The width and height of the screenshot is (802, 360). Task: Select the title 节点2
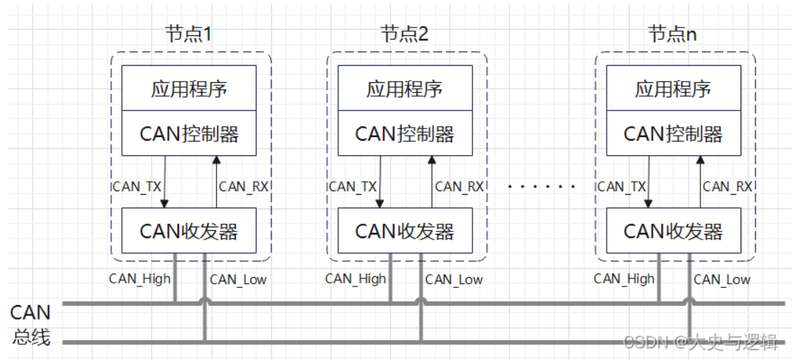[404, 34]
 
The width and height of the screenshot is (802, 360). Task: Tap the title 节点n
[672, 34]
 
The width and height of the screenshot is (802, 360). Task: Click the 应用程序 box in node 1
[189, 89]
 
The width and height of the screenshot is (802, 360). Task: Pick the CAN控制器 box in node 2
[405, 133]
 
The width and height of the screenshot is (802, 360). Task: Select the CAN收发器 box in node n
[673, 231]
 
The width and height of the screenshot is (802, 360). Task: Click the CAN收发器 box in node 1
[189, 231]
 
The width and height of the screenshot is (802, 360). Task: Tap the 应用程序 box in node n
[673, 89]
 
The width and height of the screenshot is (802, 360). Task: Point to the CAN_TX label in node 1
[138, 186]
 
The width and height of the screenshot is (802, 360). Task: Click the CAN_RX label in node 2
[459, 186]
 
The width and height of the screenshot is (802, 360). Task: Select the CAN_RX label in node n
[727, 186]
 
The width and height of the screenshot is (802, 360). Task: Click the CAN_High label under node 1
[139, 278]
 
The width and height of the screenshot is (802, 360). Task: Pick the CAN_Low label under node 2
[454, 279]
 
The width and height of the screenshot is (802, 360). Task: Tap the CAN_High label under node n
[624, 278]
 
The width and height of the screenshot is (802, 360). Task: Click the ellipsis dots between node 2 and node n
[542, 187]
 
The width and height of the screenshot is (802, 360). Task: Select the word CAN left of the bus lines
[30, 312]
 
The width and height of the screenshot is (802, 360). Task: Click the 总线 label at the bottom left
[30, 335]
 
